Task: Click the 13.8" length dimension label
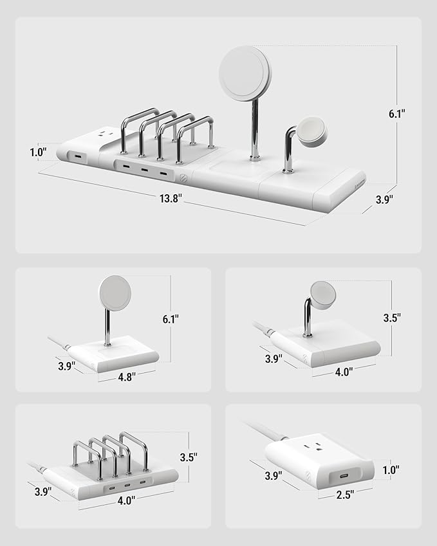(x=171, y=199)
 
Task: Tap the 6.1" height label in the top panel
(x=397, y=114)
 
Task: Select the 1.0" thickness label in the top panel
(x=38, y=152)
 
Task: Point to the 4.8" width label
(x=127, y=377)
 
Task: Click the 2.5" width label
(x=345, y=495)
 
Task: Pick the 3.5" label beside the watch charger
(x=392, y=318)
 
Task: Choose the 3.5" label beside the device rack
(x=189, y=457)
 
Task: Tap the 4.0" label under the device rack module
(x=126, y=501)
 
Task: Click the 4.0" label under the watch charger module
(x=344, y=372)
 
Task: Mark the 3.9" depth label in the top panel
(x=384, y=199)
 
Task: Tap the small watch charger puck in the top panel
(x=312, y=131)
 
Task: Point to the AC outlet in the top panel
(x=104, y=133)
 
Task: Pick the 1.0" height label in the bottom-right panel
(x=391, y=470)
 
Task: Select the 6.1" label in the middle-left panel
(x=171, y=319)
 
